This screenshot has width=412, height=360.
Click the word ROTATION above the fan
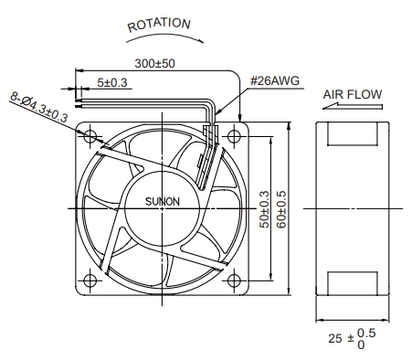point(159,25)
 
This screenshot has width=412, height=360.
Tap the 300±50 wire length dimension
point(154,63)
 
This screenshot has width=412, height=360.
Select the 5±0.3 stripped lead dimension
point(112,82)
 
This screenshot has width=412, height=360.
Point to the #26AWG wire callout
point(275,80)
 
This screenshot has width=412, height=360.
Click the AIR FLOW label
point(353,94)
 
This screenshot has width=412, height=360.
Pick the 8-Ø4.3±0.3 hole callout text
point(38,107)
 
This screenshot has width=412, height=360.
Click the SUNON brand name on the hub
point(163,201)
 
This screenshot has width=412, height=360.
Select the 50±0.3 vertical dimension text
point(264,209)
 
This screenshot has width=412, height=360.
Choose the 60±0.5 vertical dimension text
point(281,209)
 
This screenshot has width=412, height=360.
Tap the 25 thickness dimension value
point(335,338)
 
